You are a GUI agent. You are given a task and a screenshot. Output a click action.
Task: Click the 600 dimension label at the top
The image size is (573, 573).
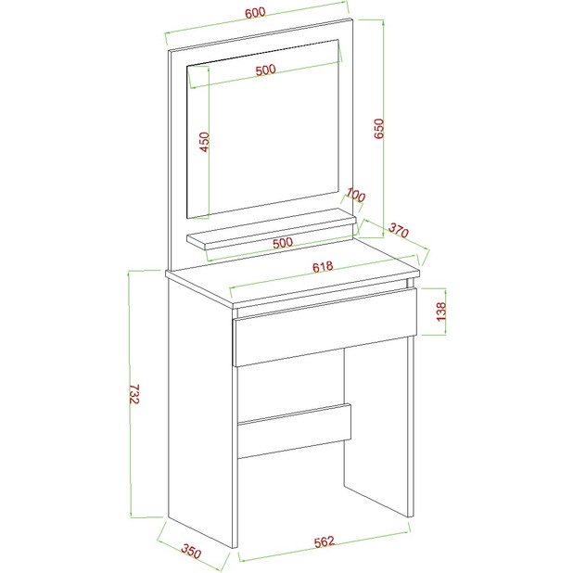[x=255, y=12]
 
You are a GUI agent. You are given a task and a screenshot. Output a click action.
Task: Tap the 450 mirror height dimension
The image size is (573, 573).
[x=205, y=142]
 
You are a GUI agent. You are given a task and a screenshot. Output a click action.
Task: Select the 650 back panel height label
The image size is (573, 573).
[x=379, y=128]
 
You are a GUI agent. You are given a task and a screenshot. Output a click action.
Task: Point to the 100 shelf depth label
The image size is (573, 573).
[x=355, y=195]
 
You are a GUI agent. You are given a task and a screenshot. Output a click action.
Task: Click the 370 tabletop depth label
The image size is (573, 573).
[x=398, y=230]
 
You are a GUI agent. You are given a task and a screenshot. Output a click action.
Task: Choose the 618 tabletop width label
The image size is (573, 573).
[x=323, y=266]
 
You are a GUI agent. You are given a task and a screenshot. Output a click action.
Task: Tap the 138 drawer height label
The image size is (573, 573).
[x=441, y=312]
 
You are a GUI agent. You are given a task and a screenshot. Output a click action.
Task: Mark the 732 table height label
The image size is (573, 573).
[x=134, y=393]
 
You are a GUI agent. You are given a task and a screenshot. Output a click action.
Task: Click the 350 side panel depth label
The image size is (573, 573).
[x=191, y=551]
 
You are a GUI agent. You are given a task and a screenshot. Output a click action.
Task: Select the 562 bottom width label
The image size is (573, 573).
[x=325, y=541]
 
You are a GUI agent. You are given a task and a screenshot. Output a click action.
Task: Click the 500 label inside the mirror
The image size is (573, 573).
[x=266, y=70]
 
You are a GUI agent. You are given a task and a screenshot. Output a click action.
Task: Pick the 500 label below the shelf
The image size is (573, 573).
[x=283, y=243]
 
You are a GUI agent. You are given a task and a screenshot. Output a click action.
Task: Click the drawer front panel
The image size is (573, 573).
[x=325, y=327]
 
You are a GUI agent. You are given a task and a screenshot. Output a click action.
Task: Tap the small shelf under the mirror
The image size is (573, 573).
[x=271, y=229]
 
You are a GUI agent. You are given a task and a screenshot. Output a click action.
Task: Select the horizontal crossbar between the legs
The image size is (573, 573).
[x=294, y=430]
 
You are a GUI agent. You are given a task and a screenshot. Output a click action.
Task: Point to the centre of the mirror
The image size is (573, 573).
[x=263, y=129]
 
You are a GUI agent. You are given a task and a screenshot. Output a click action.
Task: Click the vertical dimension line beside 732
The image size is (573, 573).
[x=130, y=394]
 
